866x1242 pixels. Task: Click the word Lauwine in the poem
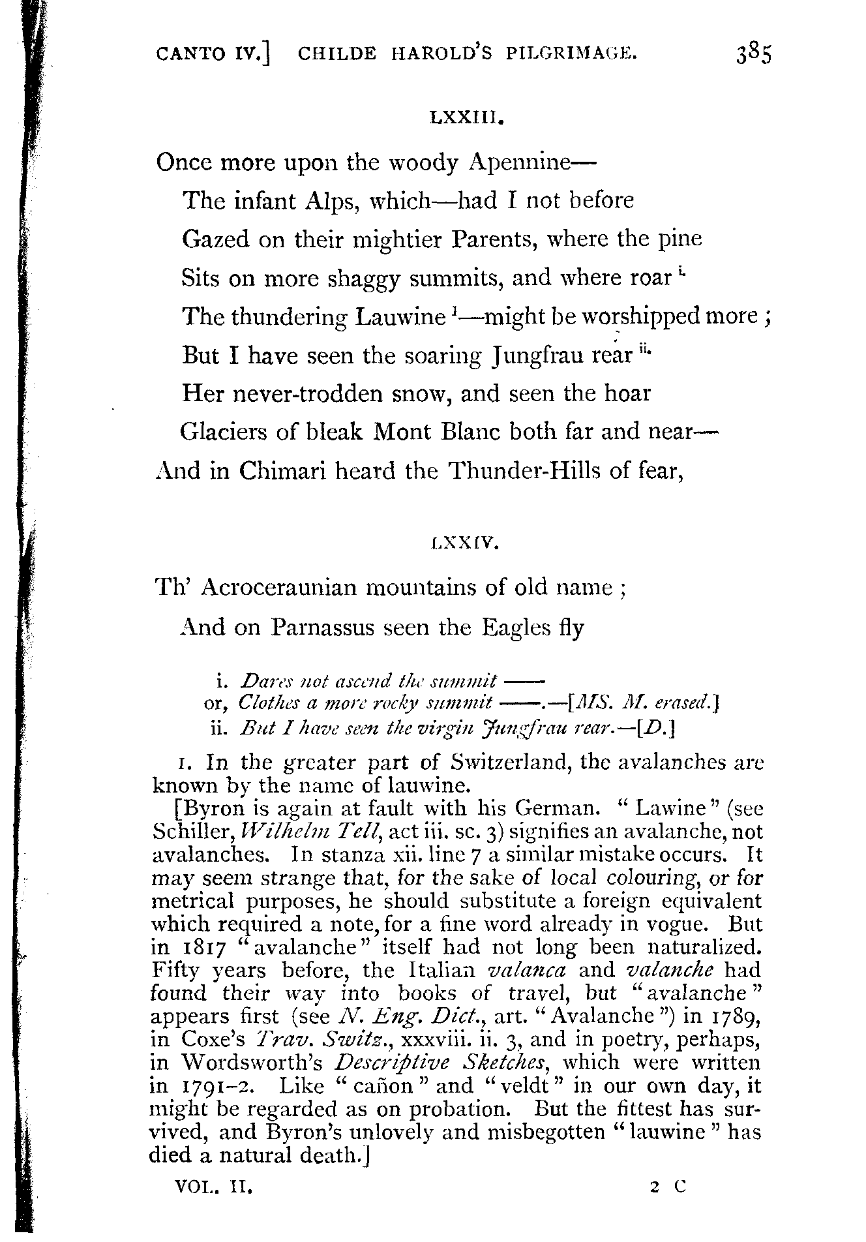point(400,318)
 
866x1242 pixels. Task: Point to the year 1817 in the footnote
point(197,948)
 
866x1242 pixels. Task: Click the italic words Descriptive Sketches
point(441,1063)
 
